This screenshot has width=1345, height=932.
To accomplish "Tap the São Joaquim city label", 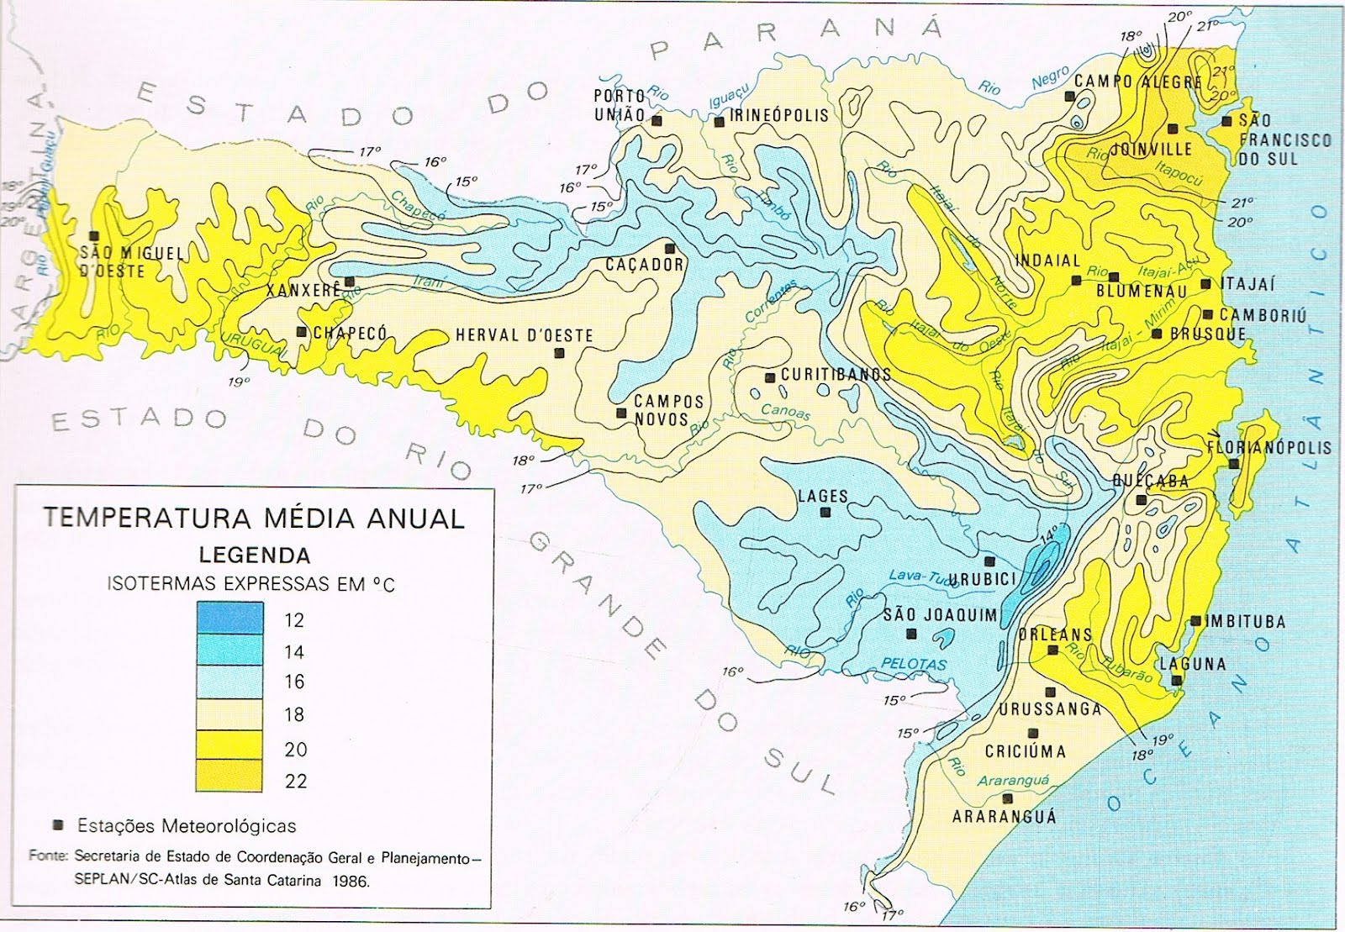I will tap(939, 615).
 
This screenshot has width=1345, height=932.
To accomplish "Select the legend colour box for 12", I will tap(230, 618).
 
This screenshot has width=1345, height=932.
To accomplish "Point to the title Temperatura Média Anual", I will tap(254, 518).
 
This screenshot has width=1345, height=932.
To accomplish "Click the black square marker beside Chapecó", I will tap(301, 332).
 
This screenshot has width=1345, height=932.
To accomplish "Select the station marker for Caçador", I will tap(670, 249).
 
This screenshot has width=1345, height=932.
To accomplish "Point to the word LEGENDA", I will tap(254, 555).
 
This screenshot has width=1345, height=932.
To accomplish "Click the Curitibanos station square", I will tap(768, 376).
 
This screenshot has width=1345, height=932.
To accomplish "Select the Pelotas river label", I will tap(915, 664).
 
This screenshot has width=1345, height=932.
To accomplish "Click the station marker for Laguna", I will tap(1178, 681).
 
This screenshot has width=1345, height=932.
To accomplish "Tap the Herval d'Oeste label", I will tap(525, 335).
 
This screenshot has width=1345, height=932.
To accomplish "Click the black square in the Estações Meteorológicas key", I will tap(58, 824).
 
